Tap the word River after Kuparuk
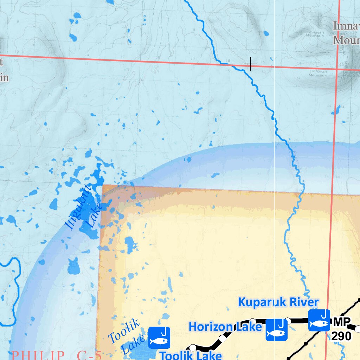point(301,302)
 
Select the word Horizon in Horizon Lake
point(210,327)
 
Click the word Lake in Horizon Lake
point(248,327)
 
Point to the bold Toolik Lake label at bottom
point(191,355)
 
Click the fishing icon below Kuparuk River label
point(319,320)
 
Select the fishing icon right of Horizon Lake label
point(276,329)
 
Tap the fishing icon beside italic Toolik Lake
point(159,337)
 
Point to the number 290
point(341,336)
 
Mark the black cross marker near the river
point(250,64)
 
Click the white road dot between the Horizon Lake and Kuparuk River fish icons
point(288,321)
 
